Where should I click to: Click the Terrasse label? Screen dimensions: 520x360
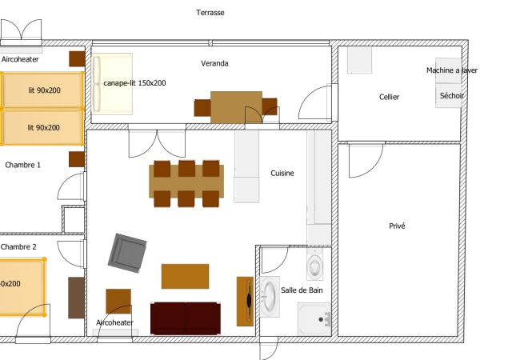pyautogui.click(x=210, y=13)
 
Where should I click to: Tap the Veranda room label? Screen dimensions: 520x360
pyautogui.click(x=214, y=63)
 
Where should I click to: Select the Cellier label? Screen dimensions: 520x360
pyautogui.click(x=389, y=97)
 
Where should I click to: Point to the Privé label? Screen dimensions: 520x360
pyautogui.click(x=397, y=226)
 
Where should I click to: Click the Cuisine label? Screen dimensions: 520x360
pyautogui.click(x=282, y=173)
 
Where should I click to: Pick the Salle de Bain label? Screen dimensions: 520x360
pyautogui.click(x=302, y=290)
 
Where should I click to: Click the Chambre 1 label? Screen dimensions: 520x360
pyautogui.click(x=23, y=165)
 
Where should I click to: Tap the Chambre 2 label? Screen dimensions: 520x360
pyautogui.click(x=18, y=246)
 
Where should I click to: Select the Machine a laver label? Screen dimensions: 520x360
pyautogui.click(x=452, y=70)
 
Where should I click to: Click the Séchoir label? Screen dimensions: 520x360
pyautogui.click(x=452, y=95)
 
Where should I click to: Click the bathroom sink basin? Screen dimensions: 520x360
pyautogui.click(x=270, y=296)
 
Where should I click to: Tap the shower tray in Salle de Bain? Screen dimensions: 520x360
pyautogui.click(x=314, y=319)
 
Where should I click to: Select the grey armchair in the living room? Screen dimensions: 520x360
pyautogui.click(x=127, y=253)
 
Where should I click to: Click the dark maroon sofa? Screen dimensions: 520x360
pyautogui.click(x=186, y=318)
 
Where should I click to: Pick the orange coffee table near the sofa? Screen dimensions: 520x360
pyautogui.click(x=185, y=276)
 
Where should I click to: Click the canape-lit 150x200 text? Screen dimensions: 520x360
pyautogui.click(x=134, y=83)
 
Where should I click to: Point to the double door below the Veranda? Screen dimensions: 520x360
pyautogui.click(x=157, y=143)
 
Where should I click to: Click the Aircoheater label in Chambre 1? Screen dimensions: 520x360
pyautogui.click(x=20, y=59)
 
